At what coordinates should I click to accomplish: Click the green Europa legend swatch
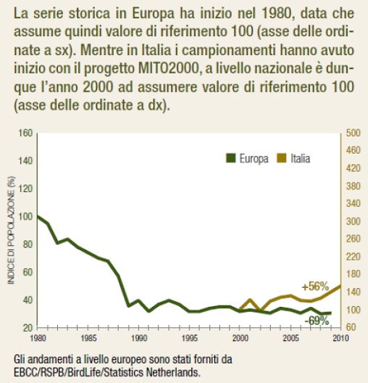[x=230, y=158]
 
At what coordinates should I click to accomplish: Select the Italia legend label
[x=300, y=158]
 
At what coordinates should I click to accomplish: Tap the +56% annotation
[x=315, y=287]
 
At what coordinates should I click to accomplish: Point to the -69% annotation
[x=317, y=321]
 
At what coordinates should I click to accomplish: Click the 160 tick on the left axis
[x=25, y=133]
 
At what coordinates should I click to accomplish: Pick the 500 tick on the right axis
[x=353, y=133]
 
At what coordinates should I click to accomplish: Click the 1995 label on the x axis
[x=190, y=338]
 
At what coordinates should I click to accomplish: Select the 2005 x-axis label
[x=290, y=338]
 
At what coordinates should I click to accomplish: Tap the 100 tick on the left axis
[x=25, y=217]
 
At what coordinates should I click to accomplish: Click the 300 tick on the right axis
[x=353, y=221]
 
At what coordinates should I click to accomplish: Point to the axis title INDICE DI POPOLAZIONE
[x=11, y=230]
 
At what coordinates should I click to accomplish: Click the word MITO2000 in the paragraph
[x=168, y=69]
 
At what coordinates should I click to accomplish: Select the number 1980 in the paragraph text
[x=276, y=14]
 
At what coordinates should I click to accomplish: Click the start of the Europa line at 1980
[x=38, y=216]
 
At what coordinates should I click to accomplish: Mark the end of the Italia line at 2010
[x=340, y=286]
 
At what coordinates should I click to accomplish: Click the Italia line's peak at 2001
[x=250, y=300]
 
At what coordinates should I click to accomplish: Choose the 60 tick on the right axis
[x=351, y=327]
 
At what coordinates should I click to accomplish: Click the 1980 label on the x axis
[x=38, y=338]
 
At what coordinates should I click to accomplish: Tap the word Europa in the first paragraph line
[x=153, y=14]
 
